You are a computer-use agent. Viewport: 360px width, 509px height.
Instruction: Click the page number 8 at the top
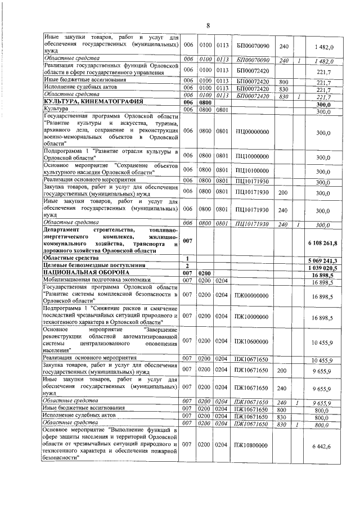coord(208,26)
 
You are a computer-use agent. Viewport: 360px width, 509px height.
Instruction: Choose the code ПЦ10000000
coord(253,157)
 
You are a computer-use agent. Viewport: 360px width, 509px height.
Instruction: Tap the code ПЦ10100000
coord(253,171)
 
